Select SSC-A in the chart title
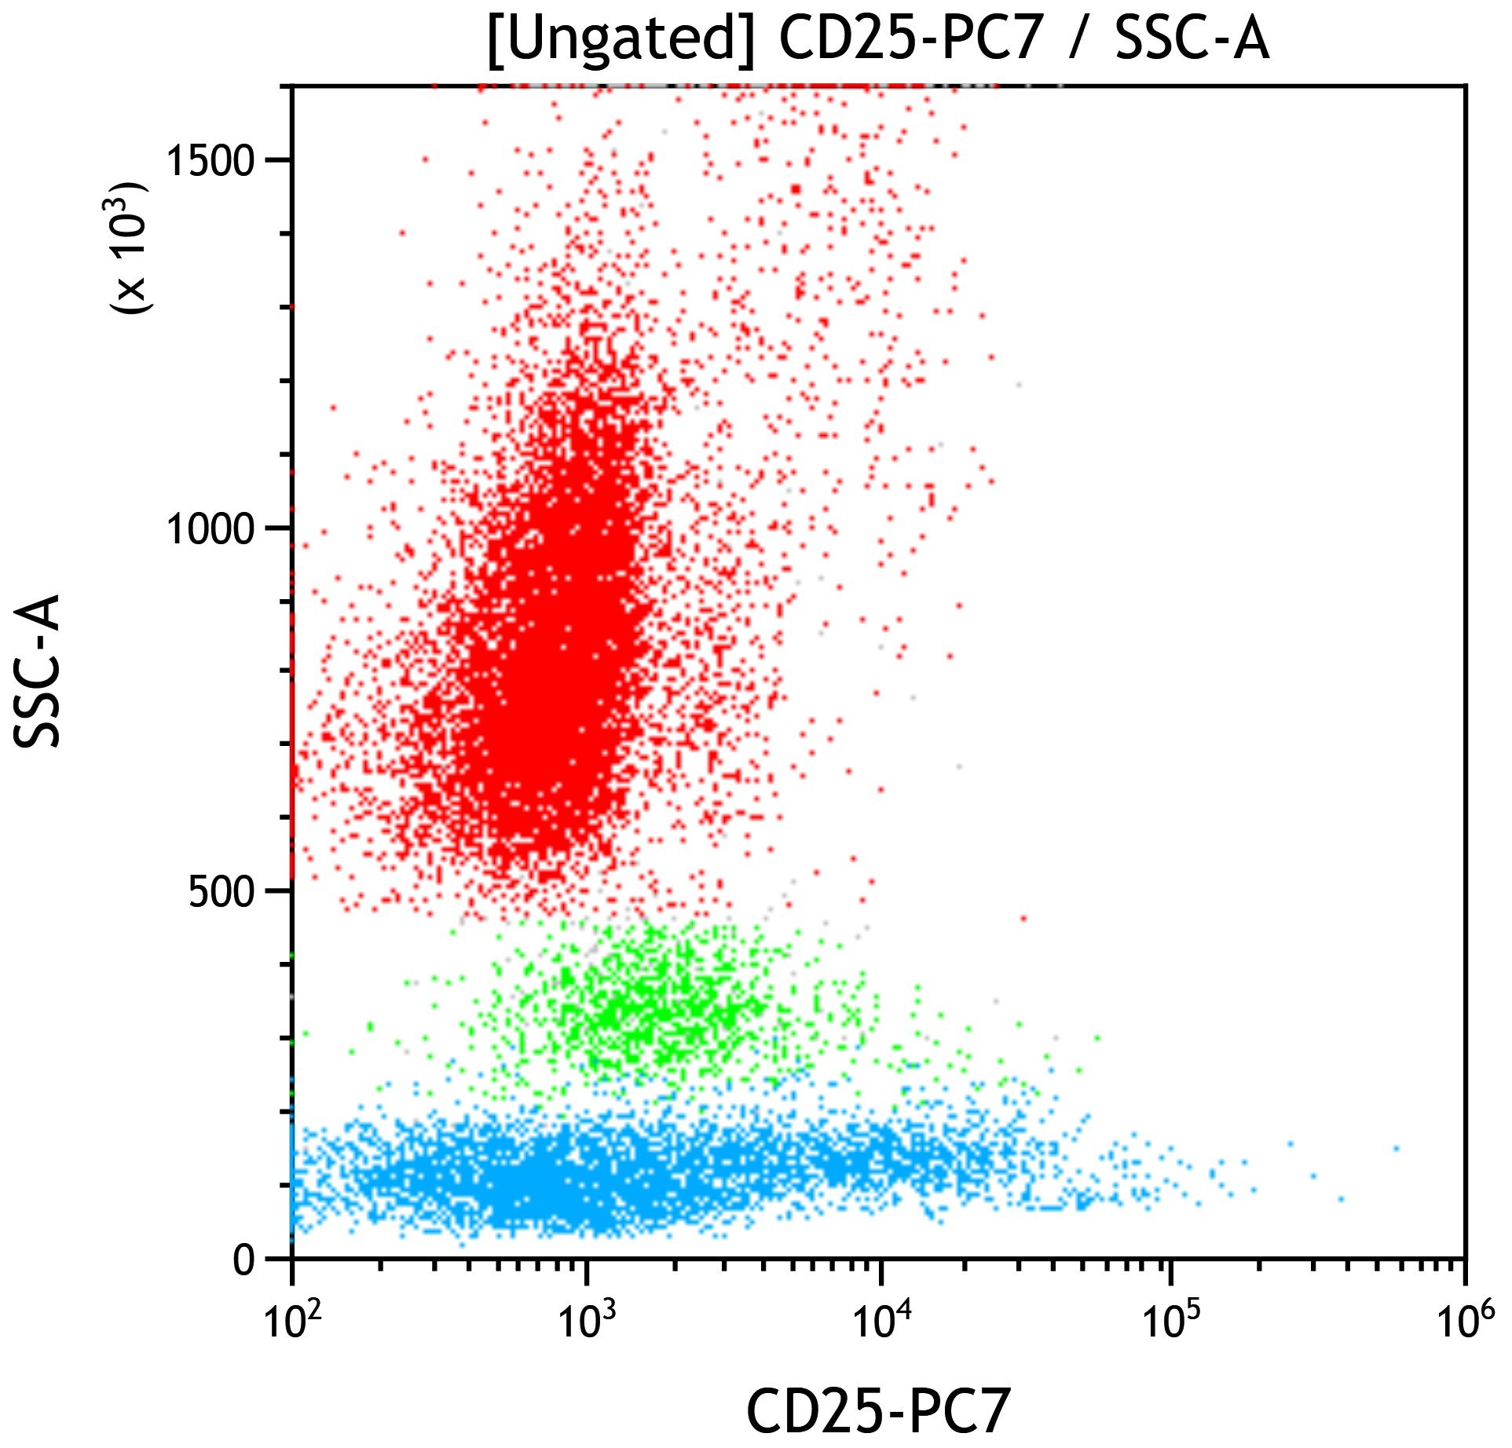[x=1192, y=39]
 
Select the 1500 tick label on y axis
[x=211, y=161]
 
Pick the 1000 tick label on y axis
[x=211, y=530]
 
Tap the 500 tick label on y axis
[x=222, y=893]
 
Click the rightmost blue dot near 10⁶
[x=1396, y=1148]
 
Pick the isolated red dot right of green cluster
[x=1023, y=918]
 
